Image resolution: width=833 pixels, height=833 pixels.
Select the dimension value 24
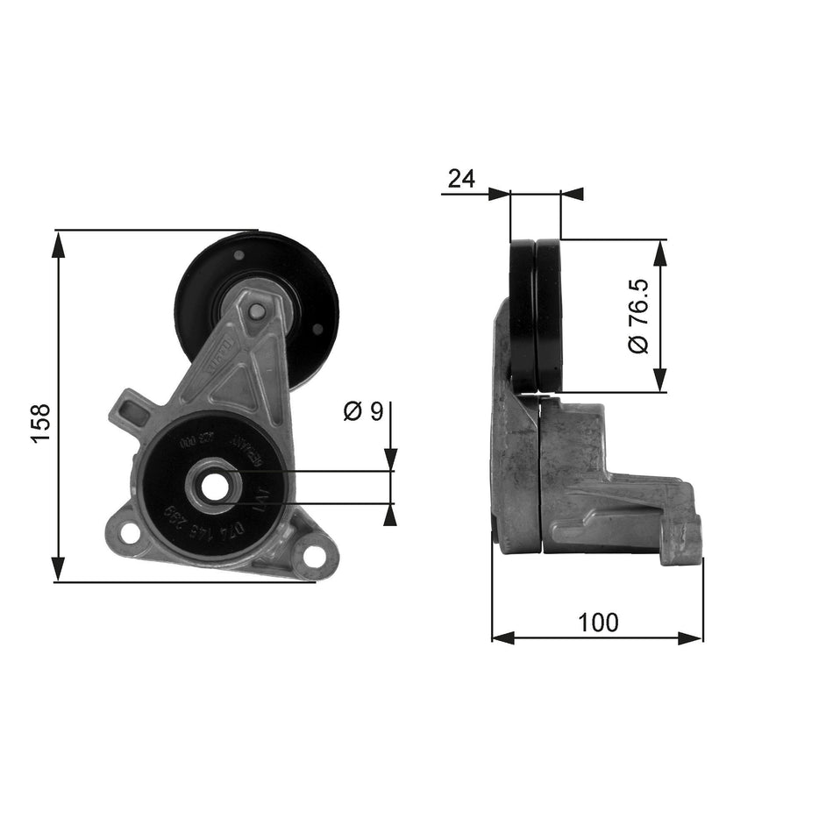click(x=461, y=179)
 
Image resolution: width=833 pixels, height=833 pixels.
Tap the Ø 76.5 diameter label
click(x=637, y=316)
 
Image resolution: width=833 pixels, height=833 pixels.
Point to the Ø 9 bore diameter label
click(x=364, y=410)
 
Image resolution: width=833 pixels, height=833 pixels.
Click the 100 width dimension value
click(x=598, y=623)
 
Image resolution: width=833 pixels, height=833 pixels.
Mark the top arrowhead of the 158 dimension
click(x=59, y=244)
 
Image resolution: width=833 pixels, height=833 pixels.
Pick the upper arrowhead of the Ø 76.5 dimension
click(x=660, y=251)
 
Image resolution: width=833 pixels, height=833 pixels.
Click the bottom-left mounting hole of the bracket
click(x=128, y=532)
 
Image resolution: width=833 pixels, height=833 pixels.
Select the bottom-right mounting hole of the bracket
click(x=312, y=555)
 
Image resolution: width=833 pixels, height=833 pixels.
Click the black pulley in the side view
click(x=536, y=316)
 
